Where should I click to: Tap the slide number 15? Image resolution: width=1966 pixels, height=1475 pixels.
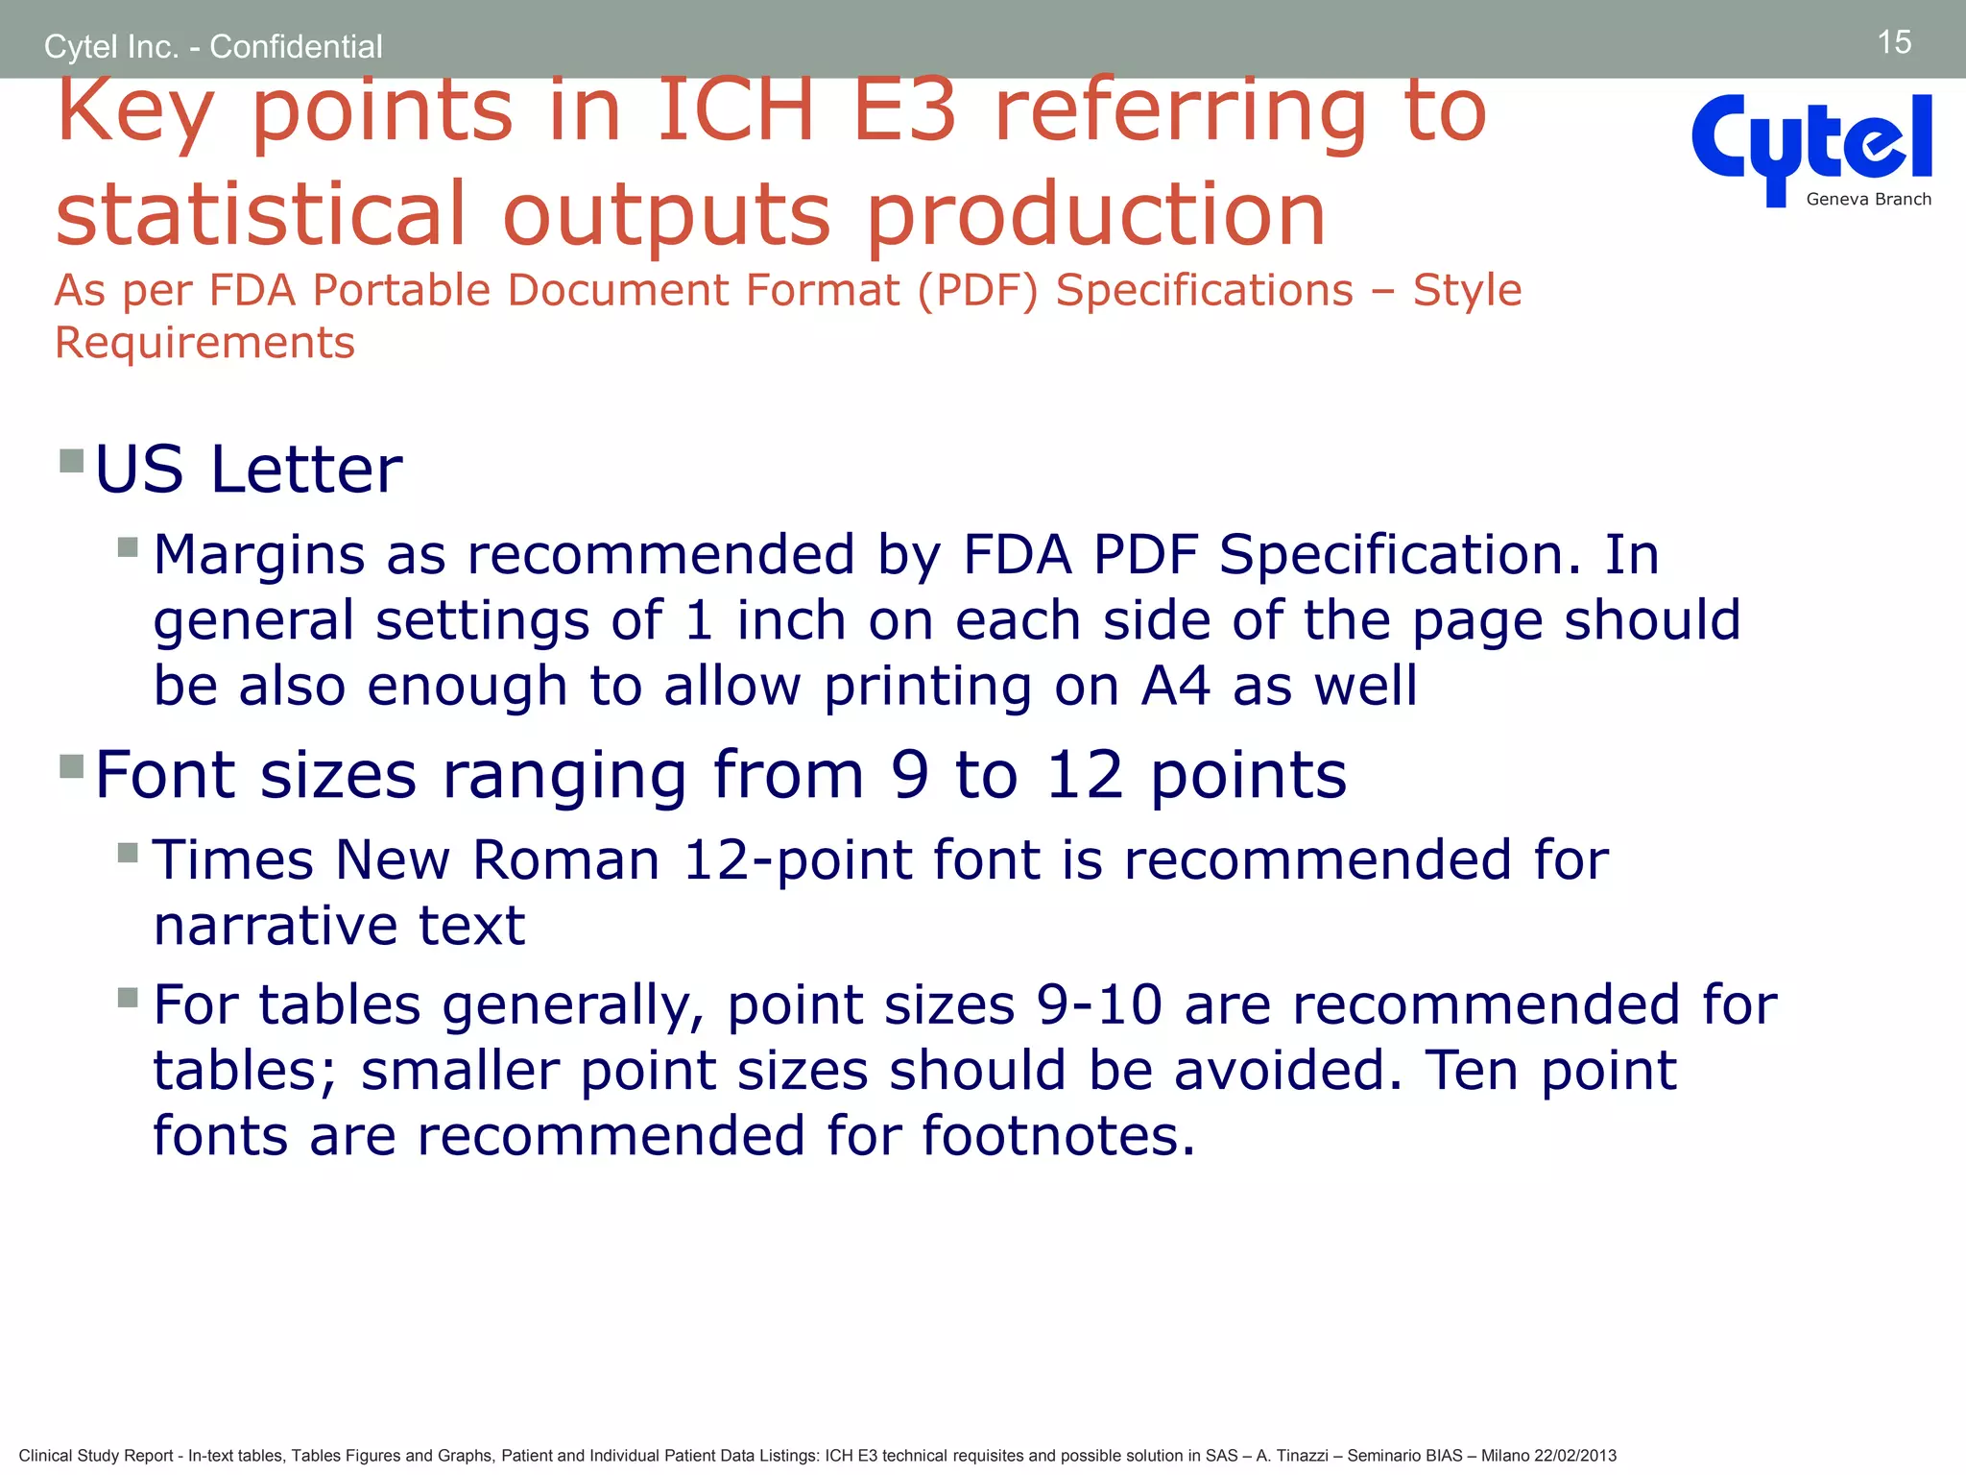tap(1893, 42)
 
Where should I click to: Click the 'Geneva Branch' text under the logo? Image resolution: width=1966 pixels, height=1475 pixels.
tap(1868, 200)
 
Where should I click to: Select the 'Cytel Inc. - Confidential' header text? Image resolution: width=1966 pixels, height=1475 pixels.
tap(213, 46)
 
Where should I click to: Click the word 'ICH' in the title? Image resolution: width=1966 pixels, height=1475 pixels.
tap(735, 111)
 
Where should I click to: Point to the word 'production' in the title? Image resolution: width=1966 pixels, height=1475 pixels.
tap(1095, 215)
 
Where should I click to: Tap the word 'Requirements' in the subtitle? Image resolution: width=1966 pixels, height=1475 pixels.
tap(204, 343)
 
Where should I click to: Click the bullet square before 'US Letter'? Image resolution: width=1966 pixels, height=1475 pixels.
tap(72, 461)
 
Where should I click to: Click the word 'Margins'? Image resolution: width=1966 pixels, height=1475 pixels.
tap(259, 555)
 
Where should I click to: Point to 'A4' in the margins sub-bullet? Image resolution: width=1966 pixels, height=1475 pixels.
tap(1175, 687)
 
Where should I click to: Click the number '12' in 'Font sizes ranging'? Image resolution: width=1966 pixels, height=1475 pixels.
tap(1085, 775)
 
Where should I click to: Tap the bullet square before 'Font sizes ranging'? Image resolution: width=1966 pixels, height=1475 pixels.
tap(72, 765)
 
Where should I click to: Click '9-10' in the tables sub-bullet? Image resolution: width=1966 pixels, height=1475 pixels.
tap(1099, 1005)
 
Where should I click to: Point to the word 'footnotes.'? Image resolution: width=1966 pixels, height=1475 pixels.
tap(1058, 1136)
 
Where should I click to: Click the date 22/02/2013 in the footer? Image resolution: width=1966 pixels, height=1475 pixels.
tap(1575, 1456)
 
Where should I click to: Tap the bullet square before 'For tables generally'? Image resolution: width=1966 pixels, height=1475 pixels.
tap(129, 997)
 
